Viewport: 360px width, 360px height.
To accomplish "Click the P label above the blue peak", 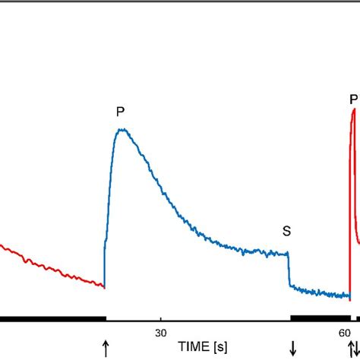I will [120, 112].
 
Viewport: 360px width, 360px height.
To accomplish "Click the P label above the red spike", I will [352, 99].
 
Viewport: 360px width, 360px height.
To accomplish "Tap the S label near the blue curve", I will [286, 232].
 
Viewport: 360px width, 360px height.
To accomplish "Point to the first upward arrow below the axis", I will [106, 348].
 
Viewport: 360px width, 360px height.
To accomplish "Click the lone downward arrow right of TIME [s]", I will [292, 348].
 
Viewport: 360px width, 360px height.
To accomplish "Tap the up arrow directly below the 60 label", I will [350, 348].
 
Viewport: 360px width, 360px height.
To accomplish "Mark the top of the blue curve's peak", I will [121, 130].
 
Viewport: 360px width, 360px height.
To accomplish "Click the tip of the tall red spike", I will [353, 111].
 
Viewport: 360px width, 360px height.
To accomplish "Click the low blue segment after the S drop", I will [319, 292].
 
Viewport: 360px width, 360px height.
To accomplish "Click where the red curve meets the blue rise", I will [104, 287].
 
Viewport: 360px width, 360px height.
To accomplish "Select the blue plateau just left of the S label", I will [266, 251].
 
